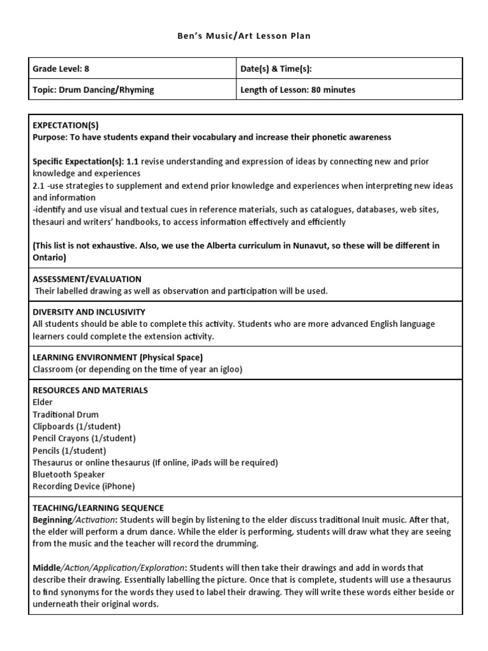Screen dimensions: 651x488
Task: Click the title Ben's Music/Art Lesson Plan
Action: tap(244, 36)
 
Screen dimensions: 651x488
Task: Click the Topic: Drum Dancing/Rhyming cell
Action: tap(93, 90)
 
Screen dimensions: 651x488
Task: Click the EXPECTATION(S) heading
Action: tap(65, 125)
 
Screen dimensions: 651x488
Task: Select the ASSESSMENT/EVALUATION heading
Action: tap(87, 279)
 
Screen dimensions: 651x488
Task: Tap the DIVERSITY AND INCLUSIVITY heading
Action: tap(89, 312)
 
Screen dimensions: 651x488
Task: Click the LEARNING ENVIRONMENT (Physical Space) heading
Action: tap(118, 357)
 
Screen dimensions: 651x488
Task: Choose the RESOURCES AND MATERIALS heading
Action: tap(90, 390)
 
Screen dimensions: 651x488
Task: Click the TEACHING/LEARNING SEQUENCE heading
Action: tap(98, 508)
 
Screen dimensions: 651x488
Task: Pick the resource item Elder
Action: tap(43, 402)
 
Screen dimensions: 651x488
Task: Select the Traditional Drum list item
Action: tap(65, 415)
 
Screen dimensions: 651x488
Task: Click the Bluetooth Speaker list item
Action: tap(69, 474)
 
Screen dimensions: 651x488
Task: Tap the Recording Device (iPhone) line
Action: tap(84, 486)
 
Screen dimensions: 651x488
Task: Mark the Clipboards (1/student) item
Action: tap(76, 427)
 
